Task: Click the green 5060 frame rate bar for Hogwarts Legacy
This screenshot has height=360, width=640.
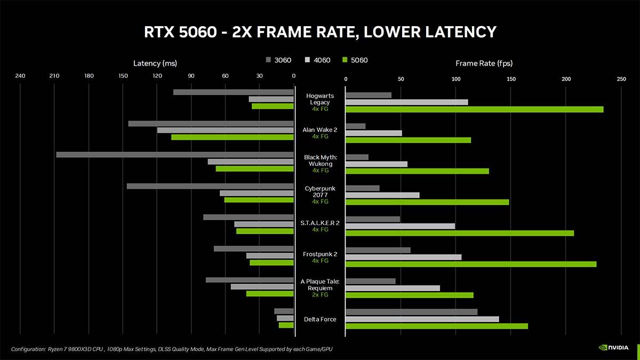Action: (475, 109)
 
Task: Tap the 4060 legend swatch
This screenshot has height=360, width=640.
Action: (308, 60)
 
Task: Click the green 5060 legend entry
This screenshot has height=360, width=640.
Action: (354, 60)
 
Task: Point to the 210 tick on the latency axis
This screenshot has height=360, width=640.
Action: (54, 76)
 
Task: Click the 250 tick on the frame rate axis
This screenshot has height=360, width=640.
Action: (621, 79)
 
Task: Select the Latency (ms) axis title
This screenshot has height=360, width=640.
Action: (155, 63)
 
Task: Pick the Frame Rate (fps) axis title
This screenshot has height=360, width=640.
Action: (484, 63)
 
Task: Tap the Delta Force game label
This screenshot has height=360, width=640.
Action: (320, 319)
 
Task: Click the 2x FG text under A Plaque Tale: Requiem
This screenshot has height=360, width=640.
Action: (320, 294)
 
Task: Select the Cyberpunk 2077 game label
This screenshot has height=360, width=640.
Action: (320, 192)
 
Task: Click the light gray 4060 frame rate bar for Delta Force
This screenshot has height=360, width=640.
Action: (422, 319)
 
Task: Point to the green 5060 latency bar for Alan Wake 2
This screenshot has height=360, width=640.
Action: (233, 137)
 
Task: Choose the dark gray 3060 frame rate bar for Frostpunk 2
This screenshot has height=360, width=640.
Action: (378, 250)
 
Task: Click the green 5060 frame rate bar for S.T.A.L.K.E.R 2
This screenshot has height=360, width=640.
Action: (460, 233)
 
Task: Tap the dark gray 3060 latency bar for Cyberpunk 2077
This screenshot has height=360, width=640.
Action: (210, 186)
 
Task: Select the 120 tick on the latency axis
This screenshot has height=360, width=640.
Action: (157, 76)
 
